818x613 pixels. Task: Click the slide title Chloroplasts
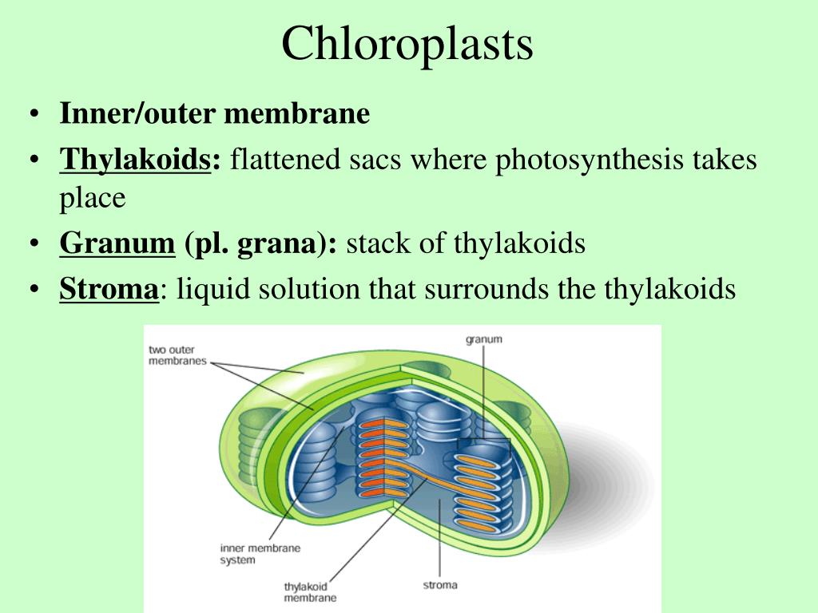point(407,44)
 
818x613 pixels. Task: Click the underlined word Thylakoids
point(135,160)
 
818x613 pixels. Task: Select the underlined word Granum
point(117,243)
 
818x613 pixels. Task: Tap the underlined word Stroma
point(109,288)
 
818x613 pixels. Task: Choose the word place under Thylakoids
point(92,198)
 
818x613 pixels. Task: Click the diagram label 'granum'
point(484,339)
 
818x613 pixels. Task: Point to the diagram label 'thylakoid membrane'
point(310,591)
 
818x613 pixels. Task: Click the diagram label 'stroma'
point(439,585)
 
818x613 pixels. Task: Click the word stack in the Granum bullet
point(373,243)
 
